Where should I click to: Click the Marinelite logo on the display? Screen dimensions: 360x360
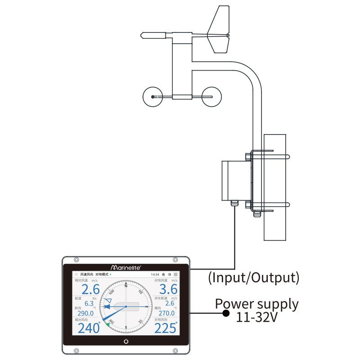coord(126,266)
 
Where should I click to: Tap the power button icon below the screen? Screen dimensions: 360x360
coord(126,341)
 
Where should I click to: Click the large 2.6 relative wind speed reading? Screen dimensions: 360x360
coord(90,289)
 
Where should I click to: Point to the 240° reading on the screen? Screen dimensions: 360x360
coord(89,328)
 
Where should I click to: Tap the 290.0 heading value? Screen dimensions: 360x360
coord(85,313)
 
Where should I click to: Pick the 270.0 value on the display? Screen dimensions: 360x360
coord(166,313)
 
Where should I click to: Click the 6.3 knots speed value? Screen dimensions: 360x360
coord(89,303)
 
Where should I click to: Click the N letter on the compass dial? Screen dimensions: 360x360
coord(126,285)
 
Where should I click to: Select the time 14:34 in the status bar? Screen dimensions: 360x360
coord(155,274)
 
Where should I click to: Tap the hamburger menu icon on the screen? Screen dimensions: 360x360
coord(76,274)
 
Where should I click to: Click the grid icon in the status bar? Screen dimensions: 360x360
coord(175,274)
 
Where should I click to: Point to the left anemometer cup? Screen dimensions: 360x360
coord(153,97)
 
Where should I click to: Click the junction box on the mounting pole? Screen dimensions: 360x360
coord(234,180)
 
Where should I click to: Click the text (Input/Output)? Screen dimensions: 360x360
coord(253,277)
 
